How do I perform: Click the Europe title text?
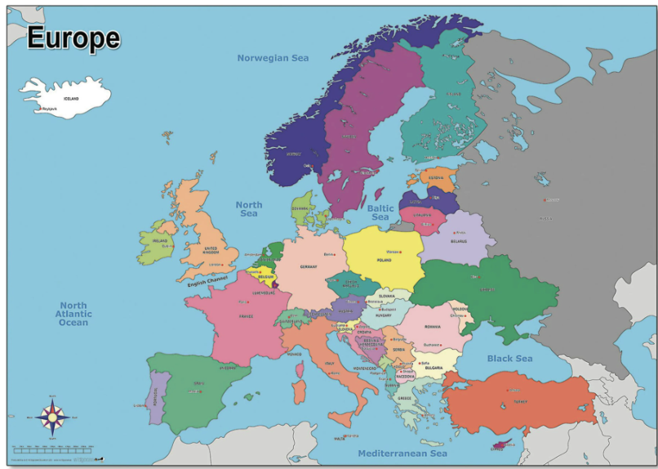tap(73, 38)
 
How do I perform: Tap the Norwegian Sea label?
tap(273, 58)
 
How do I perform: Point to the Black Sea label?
tap(509, 359)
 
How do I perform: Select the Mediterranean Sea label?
tap(402, 453)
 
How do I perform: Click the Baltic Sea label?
tap(380, 213)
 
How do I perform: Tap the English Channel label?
tap(207, 281)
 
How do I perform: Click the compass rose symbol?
tap(54, 418)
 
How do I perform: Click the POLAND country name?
tap(384, 261)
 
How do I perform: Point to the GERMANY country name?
tap(308, 267)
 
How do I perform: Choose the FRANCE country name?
tap(246, 316)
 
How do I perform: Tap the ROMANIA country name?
tap(432, 328)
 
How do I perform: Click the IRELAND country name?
tap(159, 242)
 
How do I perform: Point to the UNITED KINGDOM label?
tap(211, 250)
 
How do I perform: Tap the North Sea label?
tap(248, 209)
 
